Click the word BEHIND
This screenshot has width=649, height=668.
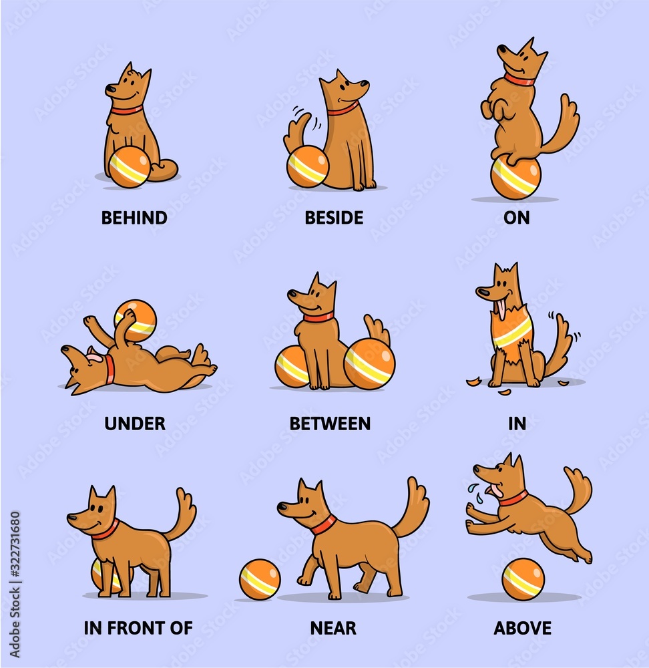(134, 218)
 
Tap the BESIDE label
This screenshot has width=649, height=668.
(334, 218)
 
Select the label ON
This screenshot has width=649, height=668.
(517, 218)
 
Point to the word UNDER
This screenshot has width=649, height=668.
(134, 424)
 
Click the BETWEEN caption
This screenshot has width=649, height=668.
(330, 424)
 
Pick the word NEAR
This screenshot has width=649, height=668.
(333, 628)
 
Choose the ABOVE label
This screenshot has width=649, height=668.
(522, 628)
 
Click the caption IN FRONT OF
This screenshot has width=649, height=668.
(138, 628)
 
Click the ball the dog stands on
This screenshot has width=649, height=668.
(515, 177)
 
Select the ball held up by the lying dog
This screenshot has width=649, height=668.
(136, 319)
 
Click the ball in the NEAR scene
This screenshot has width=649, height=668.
(260, 579)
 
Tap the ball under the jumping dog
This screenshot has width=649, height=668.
(523, 578)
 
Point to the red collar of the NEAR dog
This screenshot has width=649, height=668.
(323, 524)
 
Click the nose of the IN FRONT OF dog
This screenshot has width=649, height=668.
(70, 516)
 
